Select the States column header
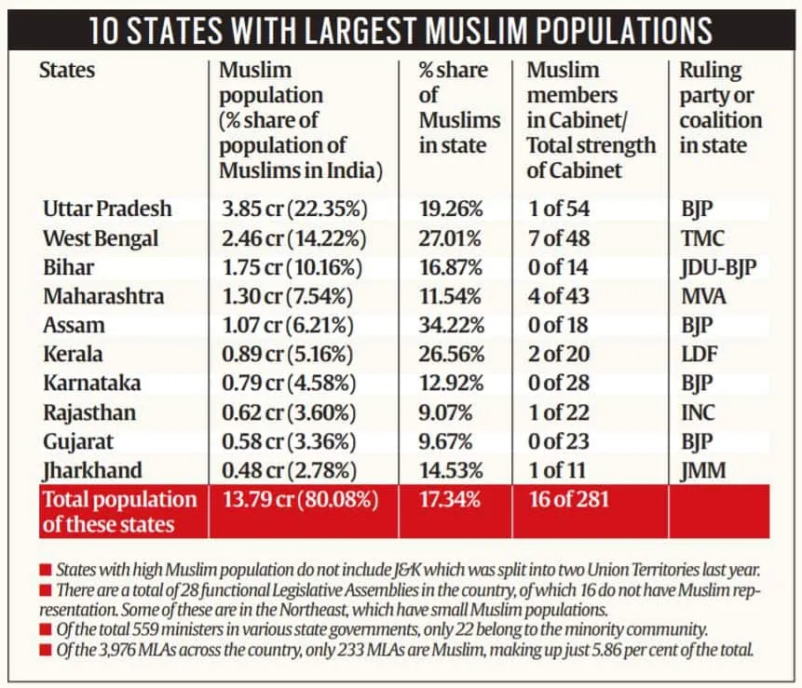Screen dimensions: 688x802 tap(67, 70)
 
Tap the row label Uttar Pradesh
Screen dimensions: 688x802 tap(107, 209)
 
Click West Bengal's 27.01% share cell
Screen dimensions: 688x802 tap(451, 238)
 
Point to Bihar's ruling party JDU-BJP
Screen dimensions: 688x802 tap(718, 267)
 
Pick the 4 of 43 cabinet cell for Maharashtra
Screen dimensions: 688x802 tap(558, 296)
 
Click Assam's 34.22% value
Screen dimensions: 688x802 tap(451, 326)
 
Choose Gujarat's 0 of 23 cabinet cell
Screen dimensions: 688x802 tap(558, 441)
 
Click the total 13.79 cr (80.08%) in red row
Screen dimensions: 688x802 tap(298, 500)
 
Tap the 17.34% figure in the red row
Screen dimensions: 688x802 tap(450, 500)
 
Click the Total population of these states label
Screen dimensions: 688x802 tap(118, 511)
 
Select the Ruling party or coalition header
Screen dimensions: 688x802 tap(719, 108)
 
